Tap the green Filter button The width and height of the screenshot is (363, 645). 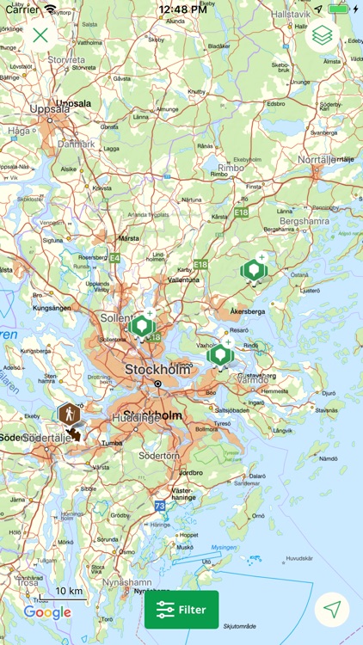pyautogui.click(x=181, y=610)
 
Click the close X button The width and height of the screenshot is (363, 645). pyautogui.click(x=40, y=35)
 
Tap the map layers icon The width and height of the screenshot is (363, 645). pyautogui.click(x=322, y=35)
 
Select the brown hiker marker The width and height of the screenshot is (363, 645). pyautogui.click(x=69, y=415)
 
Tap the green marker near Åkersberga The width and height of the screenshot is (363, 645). pyautogui.click(x=253, y=270)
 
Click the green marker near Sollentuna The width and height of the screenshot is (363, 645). pyautogui.click(x=141, y=326)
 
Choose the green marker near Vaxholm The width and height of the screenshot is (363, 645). pyautogui.click(x=220, y=353)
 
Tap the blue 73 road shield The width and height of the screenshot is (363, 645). pyautogui.click(x=160, y=506)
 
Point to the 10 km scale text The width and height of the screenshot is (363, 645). pyautogui.click(x=69, y=592)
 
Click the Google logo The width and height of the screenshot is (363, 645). pyautogui.click(x=47, y=612)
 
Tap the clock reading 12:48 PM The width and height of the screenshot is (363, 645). pyautogui.click(x=181, y=9)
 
